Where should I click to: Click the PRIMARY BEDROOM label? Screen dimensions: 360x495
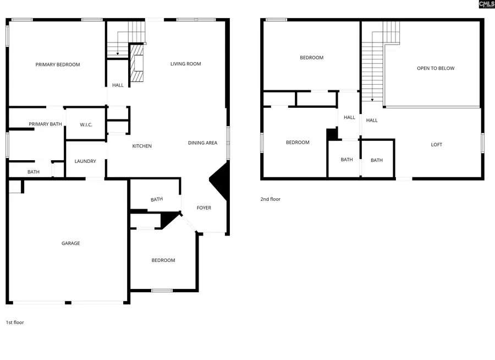point(58,64)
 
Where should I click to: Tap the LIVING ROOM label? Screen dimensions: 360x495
point(185,64)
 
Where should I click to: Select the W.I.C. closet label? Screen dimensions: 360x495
point(86,125)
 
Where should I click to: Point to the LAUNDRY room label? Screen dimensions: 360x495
point(85,161)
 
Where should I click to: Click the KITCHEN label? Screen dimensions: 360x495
point(142,146)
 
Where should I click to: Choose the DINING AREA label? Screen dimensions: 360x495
point(202,143)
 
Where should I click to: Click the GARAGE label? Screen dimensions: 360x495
point(70,243)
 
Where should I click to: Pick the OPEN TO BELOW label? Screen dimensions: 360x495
point(436,68)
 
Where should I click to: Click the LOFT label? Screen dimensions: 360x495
point(436,145)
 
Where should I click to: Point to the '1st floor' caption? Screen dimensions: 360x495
point(15,323)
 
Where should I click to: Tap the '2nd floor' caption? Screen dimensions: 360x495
point(270,199)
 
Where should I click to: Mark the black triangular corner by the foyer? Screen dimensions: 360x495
point(219,182)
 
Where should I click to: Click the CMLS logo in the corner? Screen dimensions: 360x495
point(486,4)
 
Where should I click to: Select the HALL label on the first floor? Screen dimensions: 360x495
point(118,85)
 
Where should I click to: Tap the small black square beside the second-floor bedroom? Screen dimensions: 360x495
point(331,134)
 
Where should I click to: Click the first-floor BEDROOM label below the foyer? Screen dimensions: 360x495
point(163,260)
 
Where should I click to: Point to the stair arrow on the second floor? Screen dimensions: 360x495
point(372,99)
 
